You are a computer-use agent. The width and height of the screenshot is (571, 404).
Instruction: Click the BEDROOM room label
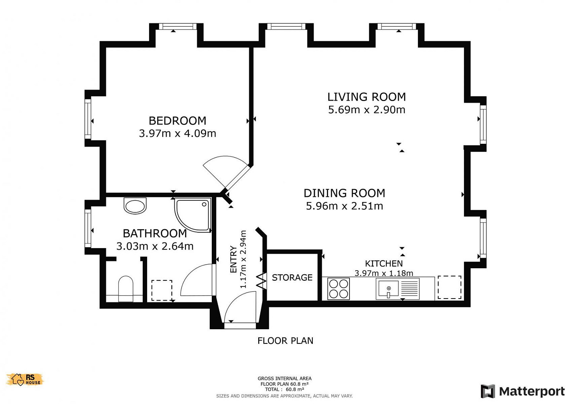point(177,120)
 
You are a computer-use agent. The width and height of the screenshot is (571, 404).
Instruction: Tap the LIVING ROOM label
point(367,97)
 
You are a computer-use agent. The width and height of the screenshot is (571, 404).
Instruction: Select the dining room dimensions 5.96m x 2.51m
point(344,206)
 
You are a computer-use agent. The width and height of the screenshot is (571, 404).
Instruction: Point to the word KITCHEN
point(384,263)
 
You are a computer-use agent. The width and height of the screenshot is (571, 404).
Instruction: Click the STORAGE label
point(292,277)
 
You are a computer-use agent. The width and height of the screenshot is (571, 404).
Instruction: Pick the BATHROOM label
point(155,233)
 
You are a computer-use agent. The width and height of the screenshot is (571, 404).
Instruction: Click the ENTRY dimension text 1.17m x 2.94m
point(243,259)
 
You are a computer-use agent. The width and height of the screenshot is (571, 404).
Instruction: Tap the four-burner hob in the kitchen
point(338,288)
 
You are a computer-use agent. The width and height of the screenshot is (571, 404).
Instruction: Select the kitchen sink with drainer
point(397,288)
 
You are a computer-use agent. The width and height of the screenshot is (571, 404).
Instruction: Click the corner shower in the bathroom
point(193,215)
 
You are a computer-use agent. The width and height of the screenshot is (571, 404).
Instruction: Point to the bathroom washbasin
point(135,206)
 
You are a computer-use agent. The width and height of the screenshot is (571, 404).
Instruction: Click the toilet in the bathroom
point(126,289)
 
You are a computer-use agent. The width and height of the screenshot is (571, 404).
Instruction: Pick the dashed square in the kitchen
point(449,287)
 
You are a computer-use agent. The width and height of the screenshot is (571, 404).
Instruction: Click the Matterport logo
point(523,391)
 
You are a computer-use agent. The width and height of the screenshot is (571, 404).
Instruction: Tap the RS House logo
point(25,379)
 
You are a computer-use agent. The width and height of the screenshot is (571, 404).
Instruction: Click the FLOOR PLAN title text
point(285,341)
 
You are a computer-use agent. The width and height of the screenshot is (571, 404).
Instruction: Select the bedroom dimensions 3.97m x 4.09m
point(177,133)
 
